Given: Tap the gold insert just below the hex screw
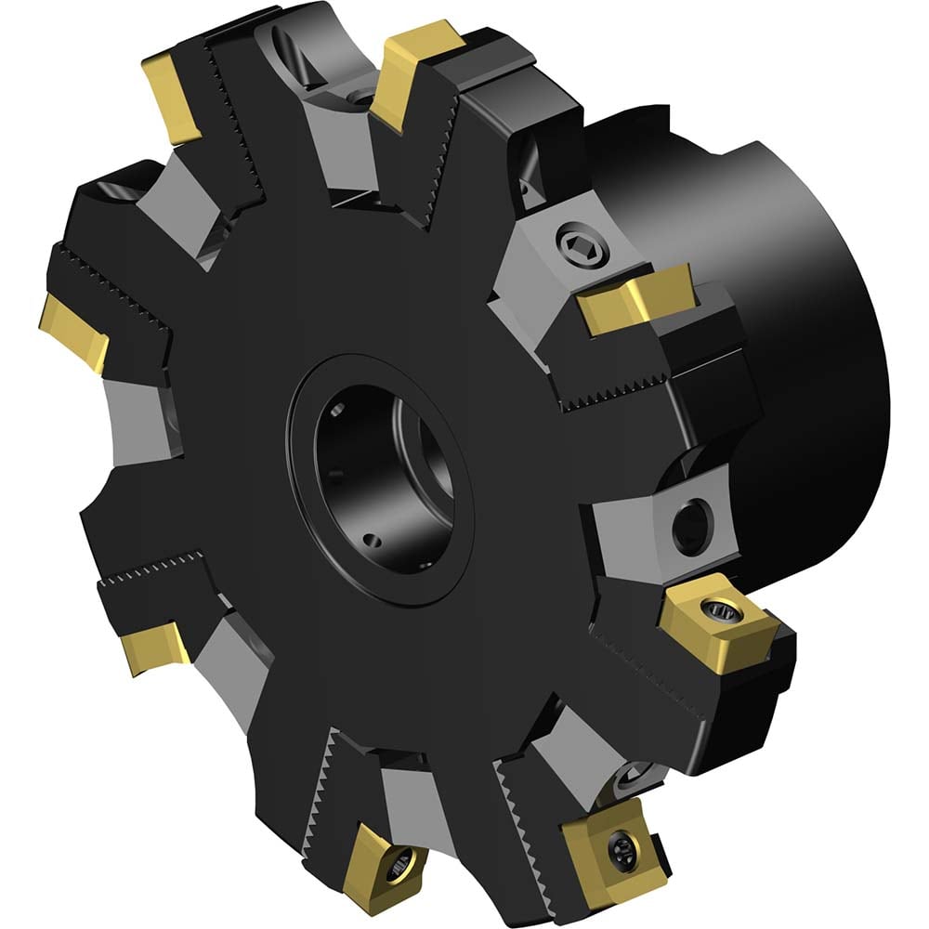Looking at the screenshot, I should [634, 296].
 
